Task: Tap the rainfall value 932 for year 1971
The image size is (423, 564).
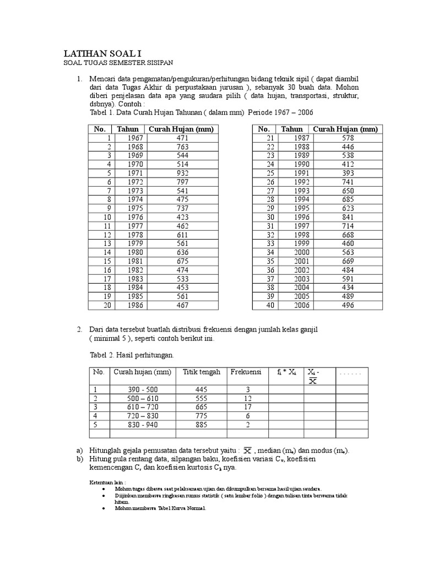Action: click(182, 173)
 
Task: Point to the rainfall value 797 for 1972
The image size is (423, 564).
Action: click(182, 182)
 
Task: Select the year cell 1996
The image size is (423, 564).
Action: click(292, 217)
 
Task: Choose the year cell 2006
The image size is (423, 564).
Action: click(292, 305)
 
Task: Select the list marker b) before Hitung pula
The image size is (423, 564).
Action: click(80, 459)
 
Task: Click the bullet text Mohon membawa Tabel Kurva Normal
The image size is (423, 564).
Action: click(160, 508)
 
